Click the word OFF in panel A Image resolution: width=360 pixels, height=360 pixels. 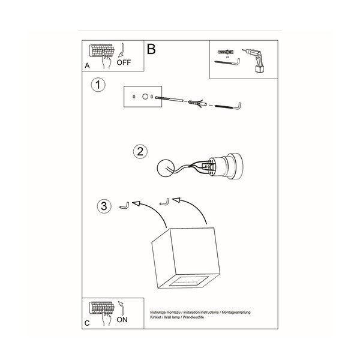124,62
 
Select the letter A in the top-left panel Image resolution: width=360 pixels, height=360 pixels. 88,65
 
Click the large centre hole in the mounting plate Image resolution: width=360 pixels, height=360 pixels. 145,95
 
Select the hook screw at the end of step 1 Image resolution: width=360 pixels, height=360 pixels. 229,106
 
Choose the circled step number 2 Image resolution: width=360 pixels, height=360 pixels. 140,151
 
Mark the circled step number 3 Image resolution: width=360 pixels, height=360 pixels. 104,206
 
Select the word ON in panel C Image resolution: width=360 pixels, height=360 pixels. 122,320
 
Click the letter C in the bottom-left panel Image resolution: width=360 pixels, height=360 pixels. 88,323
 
